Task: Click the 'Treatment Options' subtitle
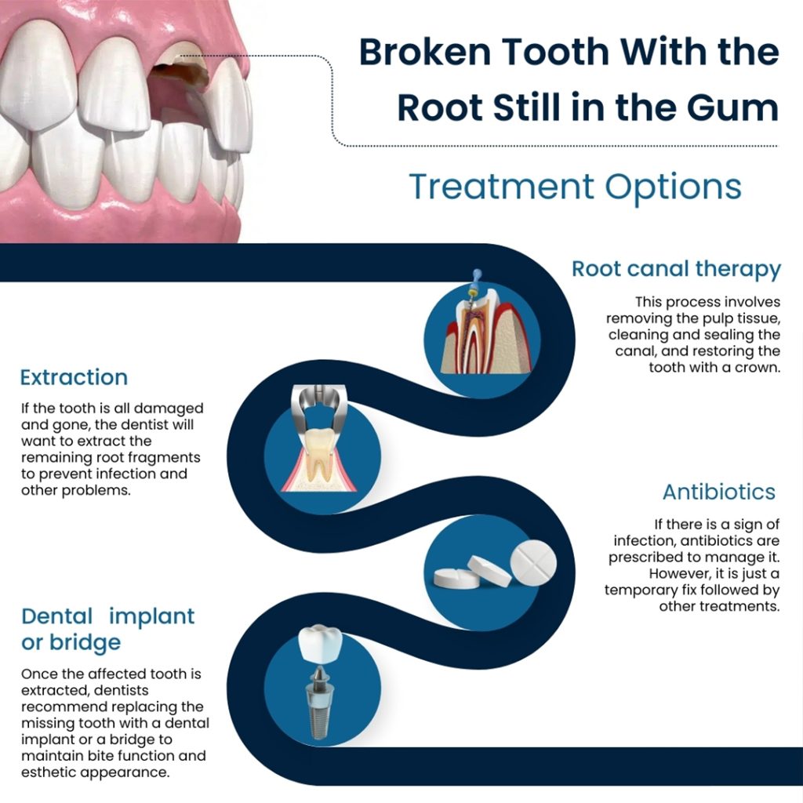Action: point(575,187)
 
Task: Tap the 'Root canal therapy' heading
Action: point(676,269)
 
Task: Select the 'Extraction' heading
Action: point(74,377)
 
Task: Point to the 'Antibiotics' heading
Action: point(718,492)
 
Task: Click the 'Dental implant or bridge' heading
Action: point(107,629)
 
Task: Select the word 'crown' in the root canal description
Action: point(754,367)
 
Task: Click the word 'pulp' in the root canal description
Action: point(681,318)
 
